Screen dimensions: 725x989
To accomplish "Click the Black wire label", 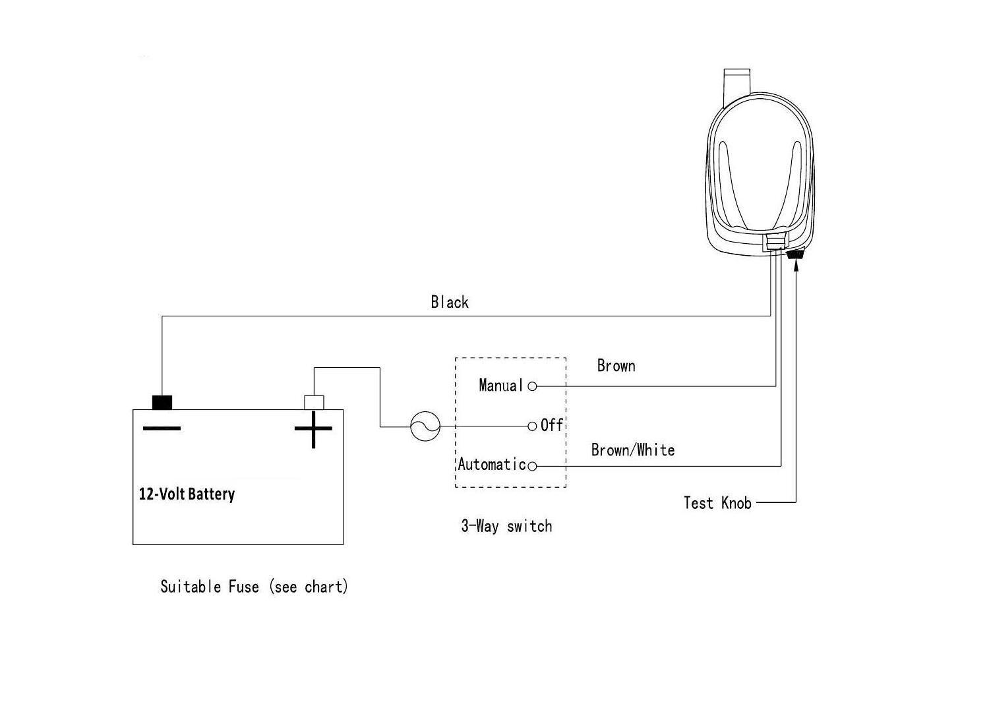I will pos(450,303).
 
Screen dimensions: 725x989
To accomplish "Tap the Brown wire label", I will pos(616,366).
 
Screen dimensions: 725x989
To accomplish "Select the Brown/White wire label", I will pos(633,450).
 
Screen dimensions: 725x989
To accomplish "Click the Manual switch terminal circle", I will pos(533,386).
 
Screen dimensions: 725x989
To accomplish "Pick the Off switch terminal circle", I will pos(533,426).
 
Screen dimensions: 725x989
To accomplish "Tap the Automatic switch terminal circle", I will pos(533,467).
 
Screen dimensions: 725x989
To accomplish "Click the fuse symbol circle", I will pos(425,426).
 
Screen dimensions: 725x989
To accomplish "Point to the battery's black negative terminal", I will pos(162,402).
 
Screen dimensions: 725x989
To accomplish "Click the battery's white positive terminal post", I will pos(314,402).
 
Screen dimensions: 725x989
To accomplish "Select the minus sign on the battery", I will pos(162,429).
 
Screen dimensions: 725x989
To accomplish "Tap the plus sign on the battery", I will pos(313,429).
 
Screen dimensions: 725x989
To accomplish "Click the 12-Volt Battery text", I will pos(187,494).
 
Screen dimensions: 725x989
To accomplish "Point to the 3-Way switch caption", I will pos(506,526).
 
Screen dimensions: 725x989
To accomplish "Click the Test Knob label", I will pos(717,503).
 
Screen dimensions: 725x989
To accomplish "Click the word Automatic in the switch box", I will pos(492,465).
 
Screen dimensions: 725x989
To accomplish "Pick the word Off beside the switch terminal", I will pos(552,426).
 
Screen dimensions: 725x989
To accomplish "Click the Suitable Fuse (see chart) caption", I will pos(254,587).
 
